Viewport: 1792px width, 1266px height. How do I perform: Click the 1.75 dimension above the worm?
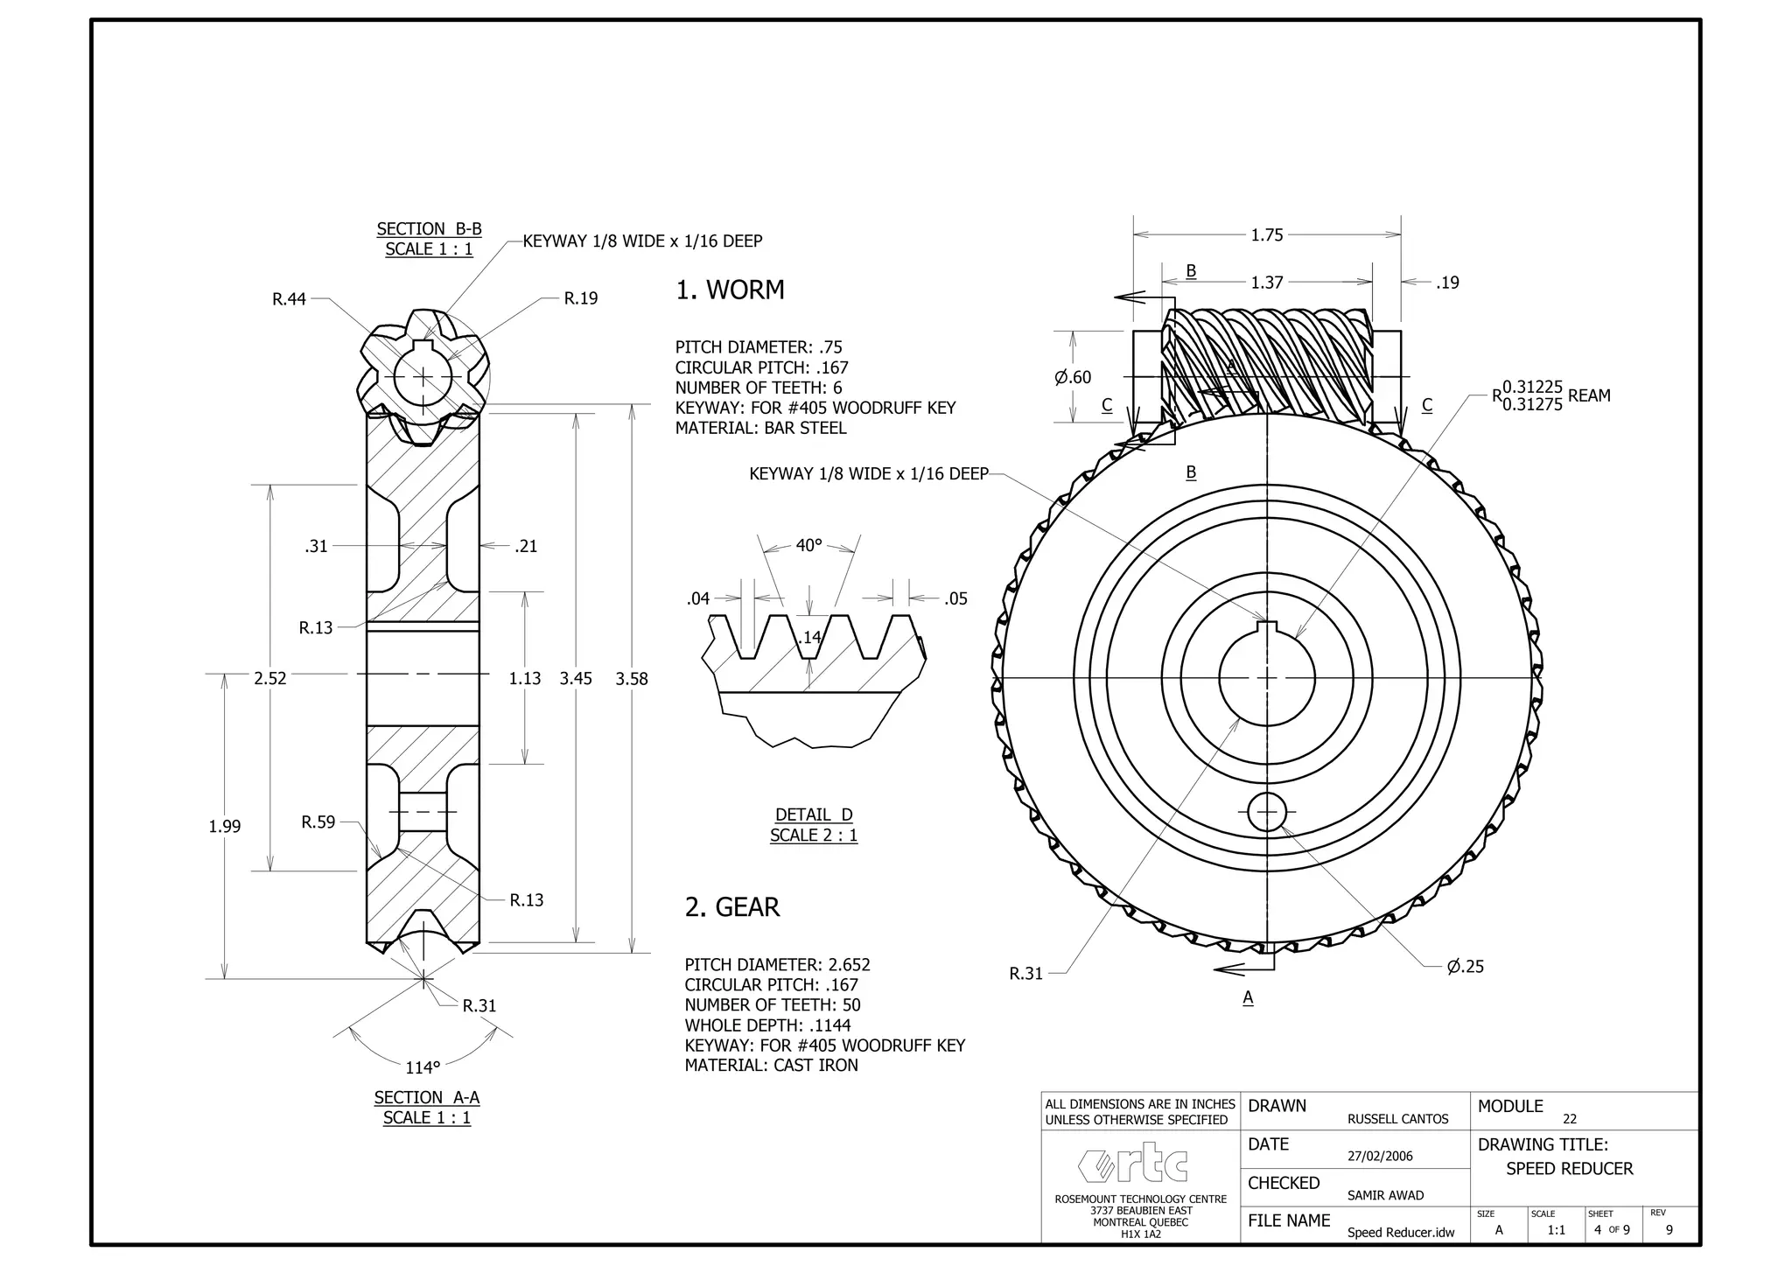[1266, 234]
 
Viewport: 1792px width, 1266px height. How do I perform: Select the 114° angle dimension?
[423, 1067]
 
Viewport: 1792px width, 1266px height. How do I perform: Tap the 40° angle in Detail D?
[808, 545]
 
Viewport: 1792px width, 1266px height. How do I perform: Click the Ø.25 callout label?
[1466, 967]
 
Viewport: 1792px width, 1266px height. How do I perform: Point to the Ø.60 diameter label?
[1073, 377]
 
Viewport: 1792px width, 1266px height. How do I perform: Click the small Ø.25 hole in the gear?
[1266, 812]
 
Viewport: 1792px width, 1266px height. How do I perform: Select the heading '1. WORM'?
[730, 290]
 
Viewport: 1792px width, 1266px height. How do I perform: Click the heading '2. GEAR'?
[731, 907]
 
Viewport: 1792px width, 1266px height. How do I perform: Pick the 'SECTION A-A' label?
[427, 1097]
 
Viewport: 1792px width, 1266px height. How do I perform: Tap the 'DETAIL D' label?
[814, 815]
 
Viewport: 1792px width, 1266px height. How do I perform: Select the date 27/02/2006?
[1380, 1156]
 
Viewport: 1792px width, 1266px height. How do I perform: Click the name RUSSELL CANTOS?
[1397, 1119]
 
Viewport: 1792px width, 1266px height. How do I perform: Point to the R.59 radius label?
[318, 822]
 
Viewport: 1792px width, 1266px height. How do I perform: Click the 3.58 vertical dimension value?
[632, 679]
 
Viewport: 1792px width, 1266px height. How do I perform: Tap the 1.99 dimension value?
[225, 826]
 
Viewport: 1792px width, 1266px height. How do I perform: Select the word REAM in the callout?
[1589, 395]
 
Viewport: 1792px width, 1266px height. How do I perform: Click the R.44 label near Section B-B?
[290, 299]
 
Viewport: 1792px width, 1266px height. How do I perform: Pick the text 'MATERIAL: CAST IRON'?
[771, 1066]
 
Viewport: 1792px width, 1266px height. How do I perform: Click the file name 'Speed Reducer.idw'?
[1400, 1233]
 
